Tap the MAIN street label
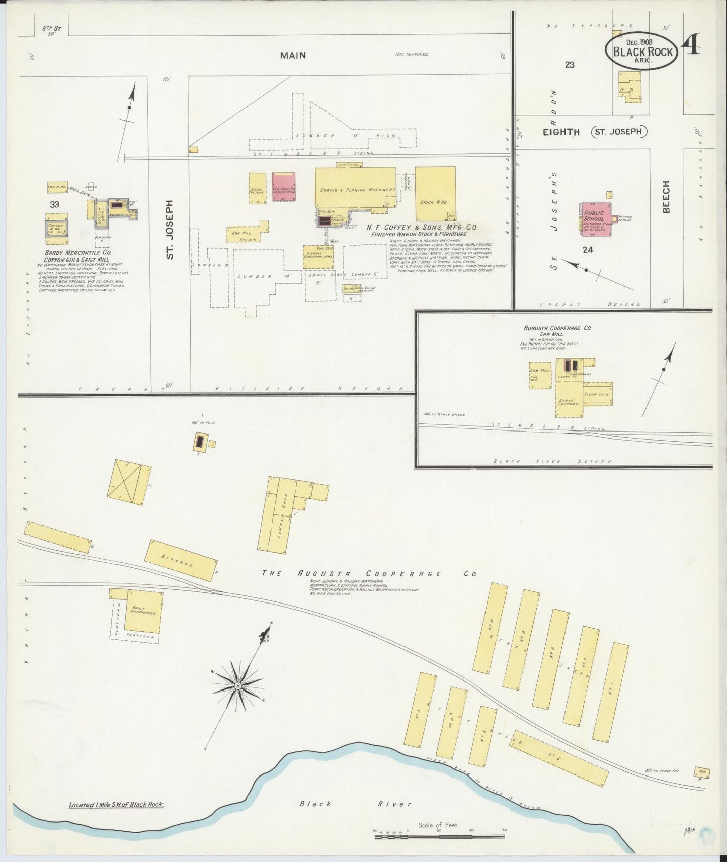click(293, 55)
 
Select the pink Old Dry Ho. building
click(284, 187)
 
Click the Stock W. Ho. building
click(435, 194)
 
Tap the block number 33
click(54, 204)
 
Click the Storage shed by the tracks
click(181, 560)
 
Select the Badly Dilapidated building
click(143, 611)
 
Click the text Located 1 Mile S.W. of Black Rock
click(116, 805)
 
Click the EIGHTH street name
click(561, 132)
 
